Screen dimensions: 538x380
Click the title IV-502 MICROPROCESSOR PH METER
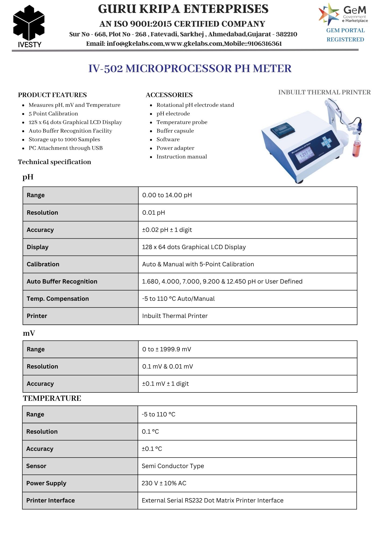[x=190, y=69]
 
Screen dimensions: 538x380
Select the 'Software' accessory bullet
[x=168, y=139]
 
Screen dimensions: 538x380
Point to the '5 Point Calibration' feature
[x=53, y=114]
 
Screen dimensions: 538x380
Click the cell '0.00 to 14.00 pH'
[x=167, y=195]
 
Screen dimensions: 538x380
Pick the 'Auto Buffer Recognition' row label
[x=62, y=281]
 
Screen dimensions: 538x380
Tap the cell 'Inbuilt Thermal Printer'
[x=175, y=316]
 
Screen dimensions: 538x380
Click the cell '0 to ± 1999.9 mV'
[x=167, y=349]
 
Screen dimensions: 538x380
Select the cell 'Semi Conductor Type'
[x=173, y=466]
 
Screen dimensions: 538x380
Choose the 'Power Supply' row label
[x=46, y=483]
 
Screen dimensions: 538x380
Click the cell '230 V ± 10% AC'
[x=164, y=483]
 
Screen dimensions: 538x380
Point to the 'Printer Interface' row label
[x=51, y=500]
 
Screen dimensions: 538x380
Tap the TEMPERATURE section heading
[x=52, y=398]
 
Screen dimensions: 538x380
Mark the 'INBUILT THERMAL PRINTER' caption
[x=324, y=92]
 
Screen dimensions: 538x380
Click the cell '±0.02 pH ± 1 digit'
[x=167, y=230]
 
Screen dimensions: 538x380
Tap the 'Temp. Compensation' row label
[x=58, y=299]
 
